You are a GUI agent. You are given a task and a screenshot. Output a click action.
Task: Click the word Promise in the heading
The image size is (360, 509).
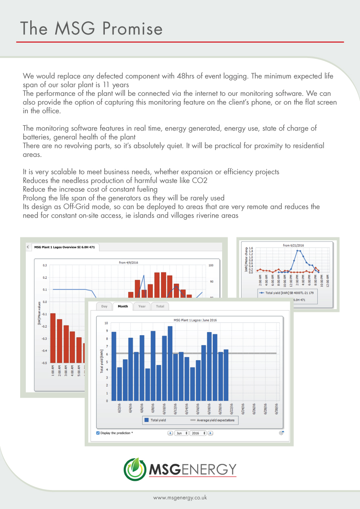tap(133, 29)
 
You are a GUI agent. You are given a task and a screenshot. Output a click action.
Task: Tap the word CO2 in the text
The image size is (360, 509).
tap(200, 181)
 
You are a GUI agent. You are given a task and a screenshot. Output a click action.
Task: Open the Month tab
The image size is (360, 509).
tap(123, 306)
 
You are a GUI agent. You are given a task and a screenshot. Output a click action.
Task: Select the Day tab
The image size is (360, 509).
tap(104, 306)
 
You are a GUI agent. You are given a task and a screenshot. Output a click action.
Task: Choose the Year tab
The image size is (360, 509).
tap(142, 306)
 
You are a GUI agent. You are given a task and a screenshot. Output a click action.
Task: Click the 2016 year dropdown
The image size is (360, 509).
tap(198, 433)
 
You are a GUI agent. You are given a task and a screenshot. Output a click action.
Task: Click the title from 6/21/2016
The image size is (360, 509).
tap(293, 245)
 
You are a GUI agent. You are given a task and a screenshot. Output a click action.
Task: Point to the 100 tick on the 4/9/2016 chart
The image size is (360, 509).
tap(211, 265)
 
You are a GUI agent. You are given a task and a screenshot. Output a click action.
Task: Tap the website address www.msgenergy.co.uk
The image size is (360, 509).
tap(180, 498)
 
